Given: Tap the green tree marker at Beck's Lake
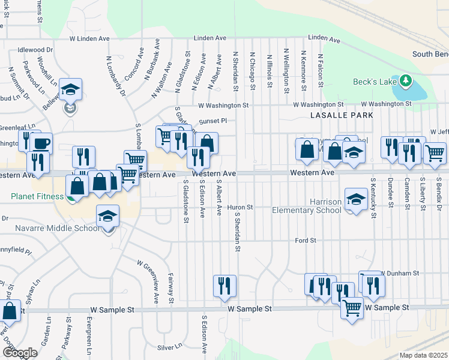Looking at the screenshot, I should click(406, 80).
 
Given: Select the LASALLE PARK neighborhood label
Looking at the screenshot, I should click(342, 115).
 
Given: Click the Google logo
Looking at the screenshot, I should click(19, 353).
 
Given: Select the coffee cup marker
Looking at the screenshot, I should click(43, 143).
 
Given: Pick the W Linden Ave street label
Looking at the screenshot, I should click(89, 38).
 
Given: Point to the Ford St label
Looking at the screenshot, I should click(306, 241).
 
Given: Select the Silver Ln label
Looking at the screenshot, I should click(169, 347).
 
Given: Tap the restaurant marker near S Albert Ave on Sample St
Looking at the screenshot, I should click(224, 286).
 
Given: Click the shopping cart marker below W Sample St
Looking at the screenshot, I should click(352, 308).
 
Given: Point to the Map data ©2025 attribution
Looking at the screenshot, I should click(423, 355).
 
